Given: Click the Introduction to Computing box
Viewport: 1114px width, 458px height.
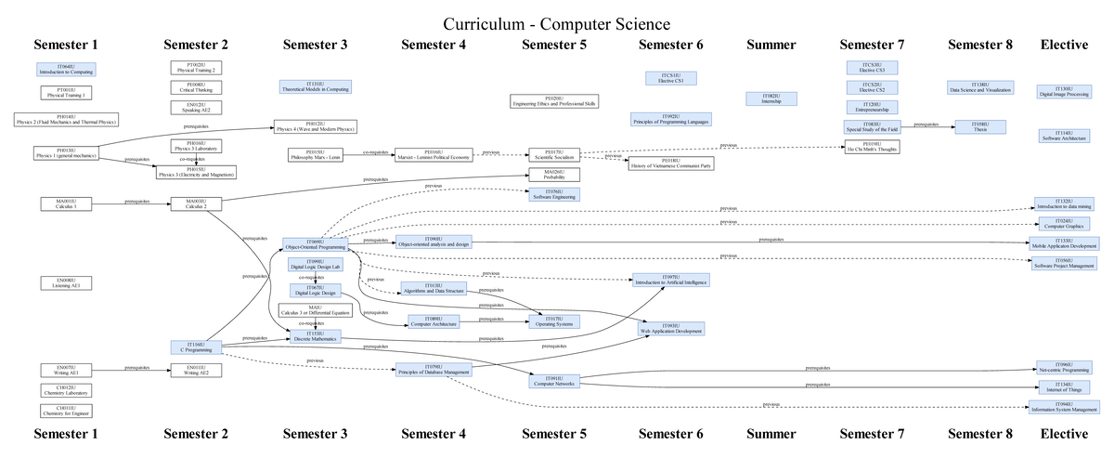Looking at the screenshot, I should click(66, 70).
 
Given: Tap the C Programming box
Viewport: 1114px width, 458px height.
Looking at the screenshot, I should click(198, 347).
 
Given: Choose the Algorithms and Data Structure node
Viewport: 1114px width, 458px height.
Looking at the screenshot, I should click(433, 288).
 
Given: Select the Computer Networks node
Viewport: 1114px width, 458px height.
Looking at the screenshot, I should click(555, 380).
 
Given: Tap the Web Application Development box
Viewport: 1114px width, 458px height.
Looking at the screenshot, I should click(671, 329).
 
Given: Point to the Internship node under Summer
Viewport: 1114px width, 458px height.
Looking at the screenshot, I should click(771, 98).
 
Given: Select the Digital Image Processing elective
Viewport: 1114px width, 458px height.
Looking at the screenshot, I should click(1064, 91).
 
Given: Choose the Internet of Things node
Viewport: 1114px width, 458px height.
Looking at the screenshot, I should click(1064, 386).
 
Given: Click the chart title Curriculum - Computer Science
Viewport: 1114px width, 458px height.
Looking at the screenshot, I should click(556, 23).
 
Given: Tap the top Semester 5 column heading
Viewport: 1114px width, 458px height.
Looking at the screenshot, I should click(554, 45).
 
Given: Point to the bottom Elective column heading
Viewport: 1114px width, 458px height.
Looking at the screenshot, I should click(1064, 434).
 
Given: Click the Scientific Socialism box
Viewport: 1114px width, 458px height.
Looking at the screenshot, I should click(555, 154).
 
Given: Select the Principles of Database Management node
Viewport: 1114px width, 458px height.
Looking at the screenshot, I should click(433, 370).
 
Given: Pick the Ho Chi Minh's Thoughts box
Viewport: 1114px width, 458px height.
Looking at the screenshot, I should click(872, 146).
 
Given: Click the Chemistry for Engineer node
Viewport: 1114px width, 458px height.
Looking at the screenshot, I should click(66, 410).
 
